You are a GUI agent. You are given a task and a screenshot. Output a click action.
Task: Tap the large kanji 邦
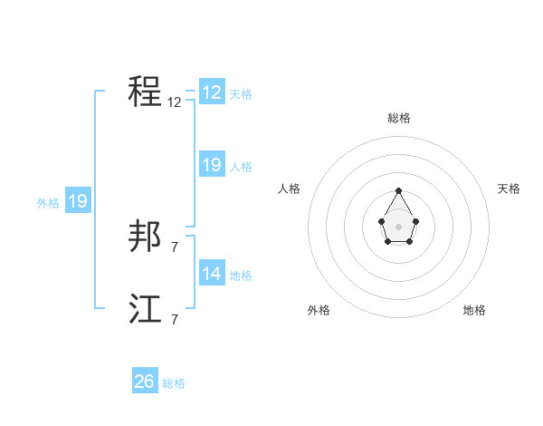[x=146, y=237]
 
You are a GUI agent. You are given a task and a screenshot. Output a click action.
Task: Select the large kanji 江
[x=146, y=310]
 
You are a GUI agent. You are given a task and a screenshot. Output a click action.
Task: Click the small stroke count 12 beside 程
[x=175, y=102]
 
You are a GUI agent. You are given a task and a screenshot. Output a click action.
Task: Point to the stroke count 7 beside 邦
[x=175, y=247]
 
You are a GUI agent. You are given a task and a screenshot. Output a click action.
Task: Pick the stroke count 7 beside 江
[x=175, y=319]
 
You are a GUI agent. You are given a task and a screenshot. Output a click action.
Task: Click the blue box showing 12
[x=212, y=92]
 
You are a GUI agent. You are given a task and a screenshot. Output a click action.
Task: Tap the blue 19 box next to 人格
[x=212, y=165]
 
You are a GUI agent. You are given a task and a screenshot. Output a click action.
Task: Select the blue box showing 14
[x=212, y=274]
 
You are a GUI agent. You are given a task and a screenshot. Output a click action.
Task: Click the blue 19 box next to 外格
[x=78, y=201]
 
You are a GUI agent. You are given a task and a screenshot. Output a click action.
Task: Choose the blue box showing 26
[x=145, y=382]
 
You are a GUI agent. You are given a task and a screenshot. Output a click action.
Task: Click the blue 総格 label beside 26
[x=174, y=383]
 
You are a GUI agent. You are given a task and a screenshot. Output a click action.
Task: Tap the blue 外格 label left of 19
[x=48, y=203]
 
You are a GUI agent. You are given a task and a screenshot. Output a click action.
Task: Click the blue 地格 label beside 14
[x=241, y=276]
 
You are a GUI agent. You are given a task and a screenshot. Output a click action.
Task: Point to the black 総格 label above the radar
[x=398, y=118]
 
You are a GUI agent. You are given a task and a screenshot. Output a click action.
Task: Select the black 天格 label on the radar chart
[x=510, y=189]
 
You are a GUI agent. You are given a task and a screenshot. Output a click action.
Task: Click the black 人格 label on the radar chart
[x=290, y=189]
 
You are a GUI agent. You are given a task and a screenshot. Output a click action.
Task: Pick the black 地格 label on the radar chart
[x=474, y=310]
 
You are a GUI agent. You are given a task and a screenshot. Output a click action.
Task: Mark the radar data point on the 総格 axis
[x=398, y=190]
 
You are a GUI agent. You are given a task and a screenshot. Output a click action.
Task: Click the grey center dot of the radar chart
[x=398, y=226]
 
